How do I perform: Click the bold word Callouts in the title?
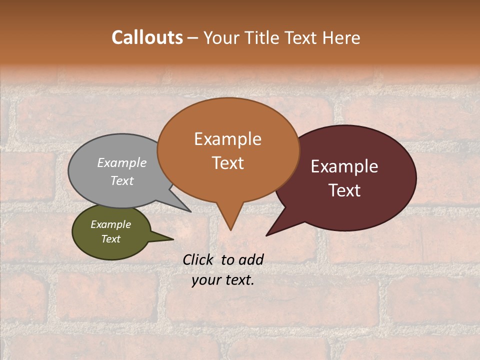click(147, 38)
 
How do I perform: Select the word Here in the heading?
click(342, 38)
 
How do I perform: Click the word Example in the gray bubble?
click(122, 162)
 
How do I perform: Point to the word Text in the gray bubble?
click(122, 180)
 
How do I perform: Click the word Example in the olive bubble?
click(110, 224)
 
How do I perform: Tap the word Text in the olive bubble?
click(110, 239)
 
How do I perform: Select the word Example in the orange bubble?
click(227, 139)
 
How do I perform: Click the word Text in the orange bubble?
click(227, 163)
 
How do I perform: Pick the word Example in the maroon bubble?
click(344, 166)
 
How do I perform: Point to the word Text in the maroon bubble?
click(344, 190)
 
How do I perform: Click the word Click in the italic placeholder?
click(198, 259)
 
